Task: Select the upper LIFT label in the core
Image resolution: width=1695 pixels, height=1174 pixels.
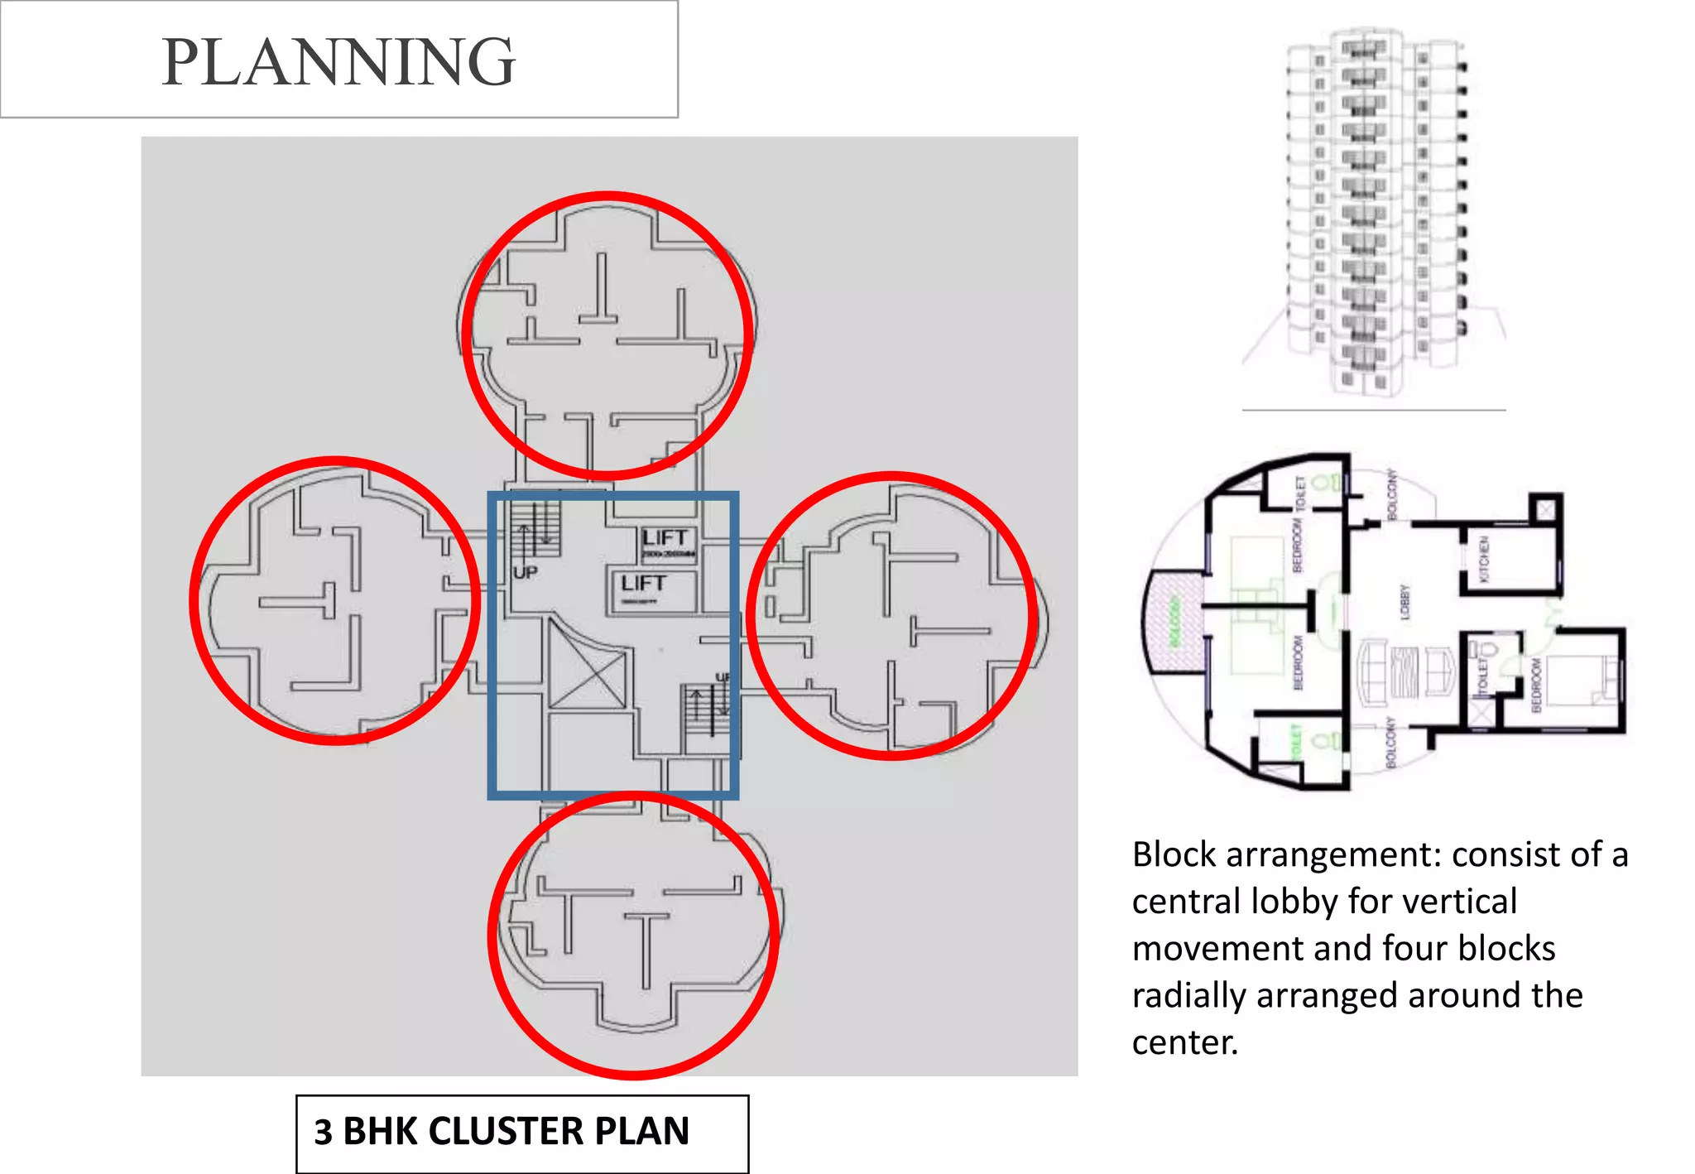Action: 665,538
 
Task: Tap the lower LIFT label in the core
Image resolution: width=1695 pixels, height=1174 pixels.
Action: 644,584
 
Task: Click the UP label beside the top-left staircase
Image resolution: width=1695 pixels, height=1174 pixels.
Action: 525,572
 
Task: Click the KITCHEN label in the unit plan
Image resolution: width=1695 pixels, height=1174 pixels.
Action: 1485,559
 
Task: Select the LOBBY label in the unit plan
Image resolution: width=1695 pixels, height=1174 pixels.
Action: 1404,602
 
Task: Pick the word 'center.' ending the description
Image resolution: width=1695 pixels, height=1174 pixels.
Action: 1184,1042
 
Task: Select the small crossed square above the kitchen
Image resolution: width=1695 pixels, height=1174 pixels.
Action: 1545,508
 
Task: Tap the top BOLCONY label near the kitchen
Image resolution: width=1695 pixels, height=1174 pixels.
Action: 1392,495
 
